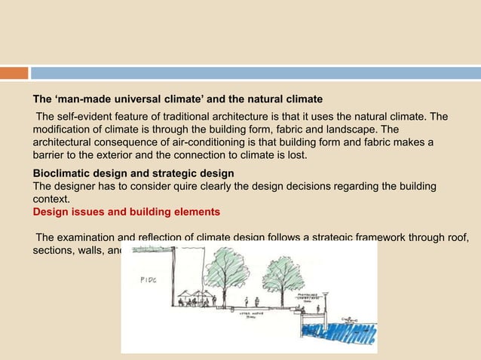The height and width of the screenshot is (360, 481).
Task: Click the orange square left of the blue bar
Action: pos(14,73)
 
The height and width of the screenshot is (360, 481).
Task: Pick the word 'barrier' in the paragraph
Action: pos(51,156)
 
